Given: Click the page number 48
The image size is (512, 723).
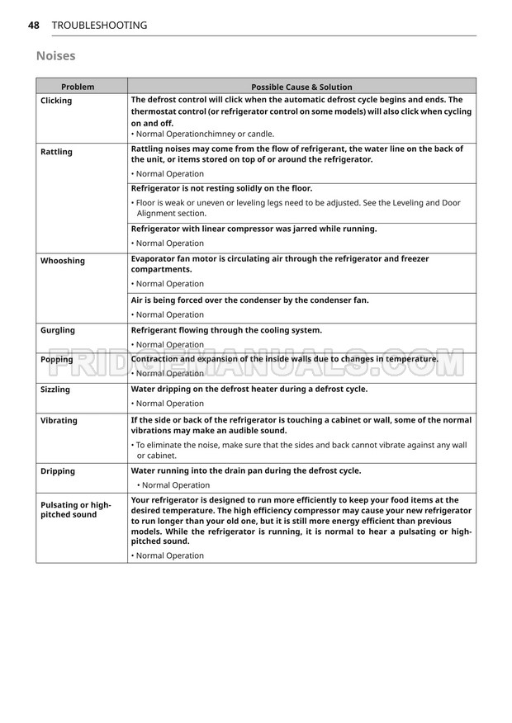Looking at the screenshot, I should pyautogui.click(x=34, y=26).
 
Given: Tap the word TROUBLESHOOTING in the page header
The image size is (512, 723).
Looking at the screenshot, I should pyautogui.click(x=99, y=26).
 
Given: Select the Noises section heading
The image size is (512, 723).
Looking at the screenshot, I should pyautogui.click(x=56, y=56).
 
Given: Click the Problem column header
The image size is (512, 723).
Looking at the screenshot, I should pyautogui.click(x=78, y=87).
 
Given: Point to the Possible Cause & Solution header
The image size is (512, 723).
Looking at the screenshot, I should pyautogui.click(x=301, y=87).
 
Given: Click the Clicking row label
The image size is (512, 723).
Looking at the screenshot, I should pyautogui.click(x=56, y=101).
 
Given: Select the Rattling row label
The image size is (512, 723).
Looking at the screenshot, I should pyautogui.click(x=56, y=152).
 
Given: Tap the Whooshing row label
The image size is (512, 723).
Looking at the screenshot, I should pyautogui.click(x=63, y=261).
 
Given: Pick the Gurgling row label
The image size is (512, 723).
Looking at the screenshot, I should pyautogui.click(x=58, y=330).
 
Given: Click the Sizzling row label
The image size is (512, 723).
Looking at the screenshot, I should pyautogui.click(x=55, y=390).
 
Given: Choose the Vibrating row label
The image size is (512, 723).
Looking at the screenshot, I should pyautogui.click(x=59, y=421).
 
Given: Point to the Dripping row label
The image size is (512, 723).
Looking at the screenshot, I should pyautogui.click(x=58, y=471).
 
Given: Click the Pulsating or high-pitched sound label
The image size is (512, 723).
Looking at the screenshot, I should pyautogui.click(x=75, y=509).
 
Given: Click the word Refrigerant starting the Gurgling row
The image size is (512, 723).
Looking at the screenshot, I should pyautogui.click(x=158, y=330).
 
